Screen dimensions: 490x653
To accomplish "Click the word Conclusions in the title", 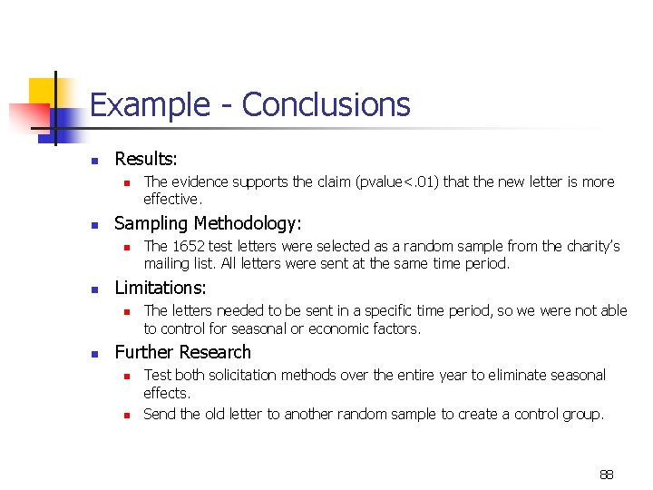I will (326, 106).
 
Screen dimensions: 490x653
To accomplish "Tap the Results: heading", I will (146, 159).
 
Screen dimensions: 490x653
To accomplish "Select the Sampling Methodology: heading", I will (208, 223).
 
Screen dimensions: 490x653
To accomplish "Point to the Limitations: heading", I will (161, 288).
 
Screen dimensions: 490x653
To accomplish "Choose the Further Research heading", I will (182, 352).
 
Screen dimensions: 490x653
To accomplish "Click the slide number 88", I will (606, 475).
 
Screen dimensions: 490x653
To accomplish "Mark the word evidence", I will (200, 181).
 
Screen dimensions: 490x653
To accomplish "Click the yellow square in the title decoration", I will (43, 93).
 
